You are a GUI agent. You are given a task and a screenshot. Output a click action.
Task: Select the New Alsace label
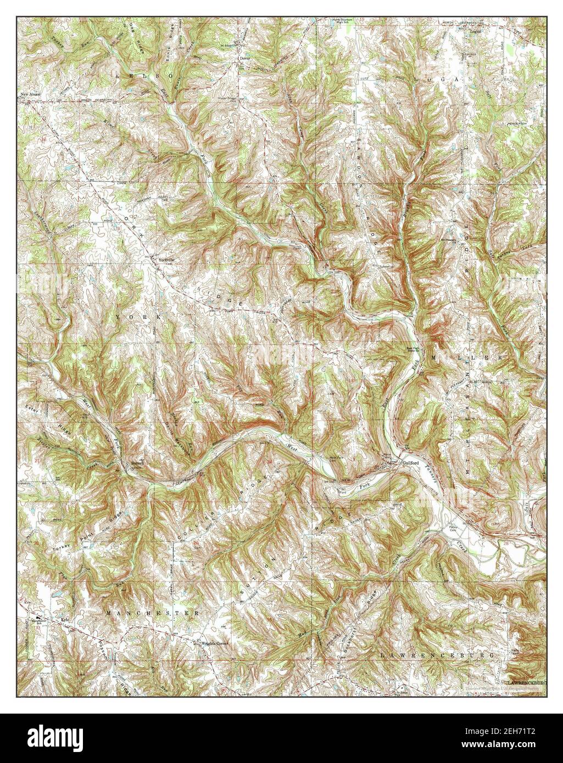coord(31,94)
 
